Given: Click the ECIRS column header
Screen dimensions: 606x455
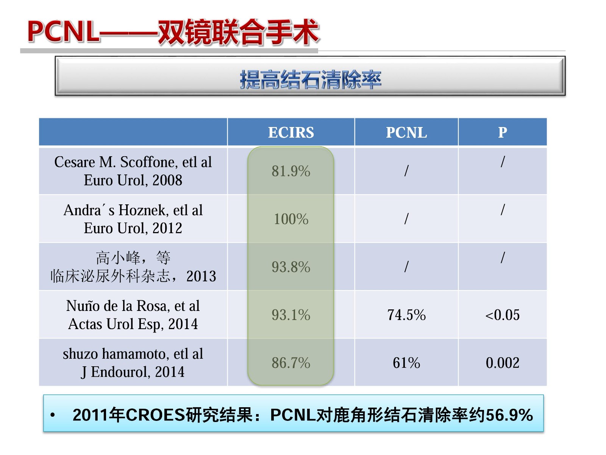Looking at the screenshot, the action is pyautogui.click(x=291, y=132).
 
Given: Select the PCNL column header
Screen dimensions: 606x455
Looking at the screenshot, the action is pyautogui.click(x=406, y=132).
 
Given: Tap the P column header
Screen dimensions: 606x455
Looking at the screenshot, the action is pyautogui.click(x=503, y=132).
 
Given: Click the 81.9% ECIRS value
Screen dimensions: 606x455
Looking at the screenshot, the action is pyautogui.click(x=291, y=171).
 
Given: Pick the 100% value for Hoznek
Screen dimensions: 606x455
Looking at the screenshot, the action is pyautogui.click(x=291, y=219).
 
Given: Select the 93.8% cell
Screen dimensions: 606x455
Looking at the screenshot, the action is pyautogui.click(x=291, y=267).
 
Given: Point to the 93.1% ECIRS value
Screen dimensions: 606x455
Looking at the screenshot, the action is pyautogui.click(x=291, y=315).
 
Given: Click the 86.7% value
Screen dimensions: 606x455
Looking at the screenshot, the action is pyautogui.click(x=291, y=363).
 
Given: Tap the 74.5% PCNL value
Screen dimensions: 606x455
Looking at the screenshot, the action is pyautogui.click(x=406, y=315).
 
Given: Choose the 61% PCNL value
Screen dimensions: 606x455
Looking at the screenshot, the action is pyautogui.click(x=406, y=363).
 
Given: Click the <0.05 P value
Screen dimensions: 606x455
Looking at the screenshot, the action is pyautogui.click(x=503, y=315).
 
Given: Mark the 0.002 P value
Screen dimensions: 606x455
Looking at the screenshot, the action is pyautogui.click(x=503, y=363).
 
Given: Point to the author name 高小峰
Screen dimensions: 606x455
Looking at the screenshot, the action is pyautogui.click(x=118, y=258).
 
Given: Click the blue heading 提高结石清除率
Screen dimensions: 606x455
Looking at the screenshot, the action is pyautogui.click(x=310, y=80).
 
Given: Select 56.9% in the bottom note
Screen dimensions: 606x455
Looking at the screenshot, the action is pyautogui.click(x=509, y=415).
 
